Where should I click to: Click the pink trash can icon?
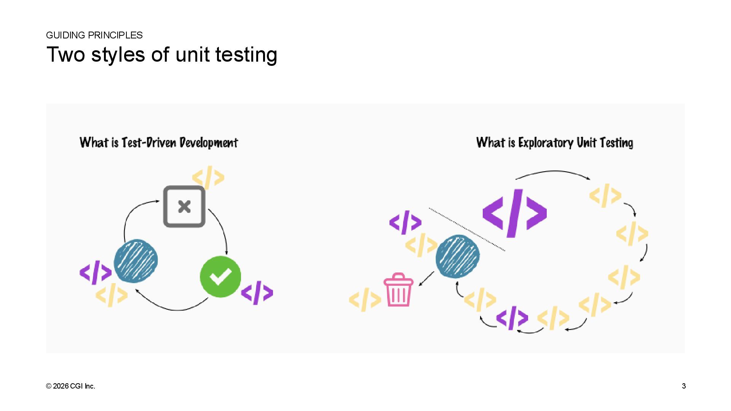[398, 290]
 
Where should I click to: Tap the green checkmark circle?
[220, 277]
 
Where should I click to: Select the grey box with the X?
[184, 207]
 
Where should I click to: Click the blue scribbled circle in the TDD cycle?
[136, 261]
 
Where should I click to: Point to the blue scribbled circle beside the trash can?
[458, 256]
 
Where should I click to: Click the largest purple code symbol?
[514, 213]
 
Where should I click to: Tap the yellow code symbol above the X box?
[208, 177]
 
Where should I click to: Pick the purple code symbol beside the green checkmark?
[257, 293]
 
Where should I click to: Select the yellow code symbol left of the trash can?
[365, 299]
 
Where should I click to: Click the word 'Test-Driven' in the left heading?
[149, 143]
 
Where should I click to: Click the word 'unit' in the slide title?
[193, 54]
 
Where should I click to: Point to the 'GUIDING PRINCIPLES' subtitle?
[94, 35]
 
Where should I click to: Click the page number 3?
[684, 386]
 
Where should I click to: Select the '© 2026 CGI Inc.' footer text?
[70, 386]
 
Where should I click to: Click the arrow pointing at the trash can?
[426, 279]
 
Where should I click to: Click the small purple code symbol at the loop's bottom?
[512, 317]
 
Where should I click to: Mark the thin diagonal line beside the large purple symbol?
[467, 229]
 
